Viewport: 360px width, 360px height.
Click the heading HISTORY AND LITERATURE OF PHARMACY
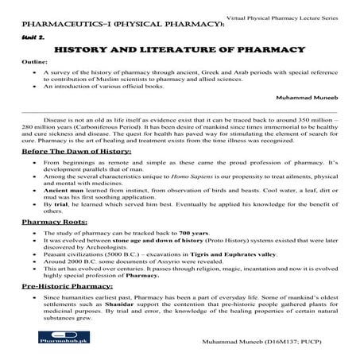pyautogui.click(x=180, y=49)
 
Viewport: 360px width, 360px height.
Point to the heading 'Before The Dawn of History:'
pyautogui.click(x=72, y=151)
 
